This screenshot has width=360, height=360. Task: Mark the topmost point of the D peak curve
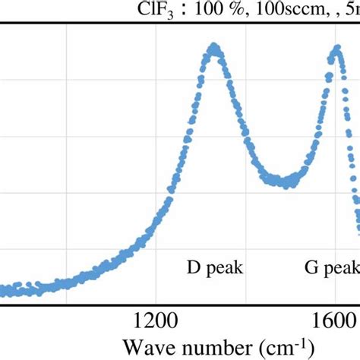pos(215,49)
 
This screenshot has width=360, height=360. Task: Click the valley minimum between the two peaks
pos(286,182)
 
